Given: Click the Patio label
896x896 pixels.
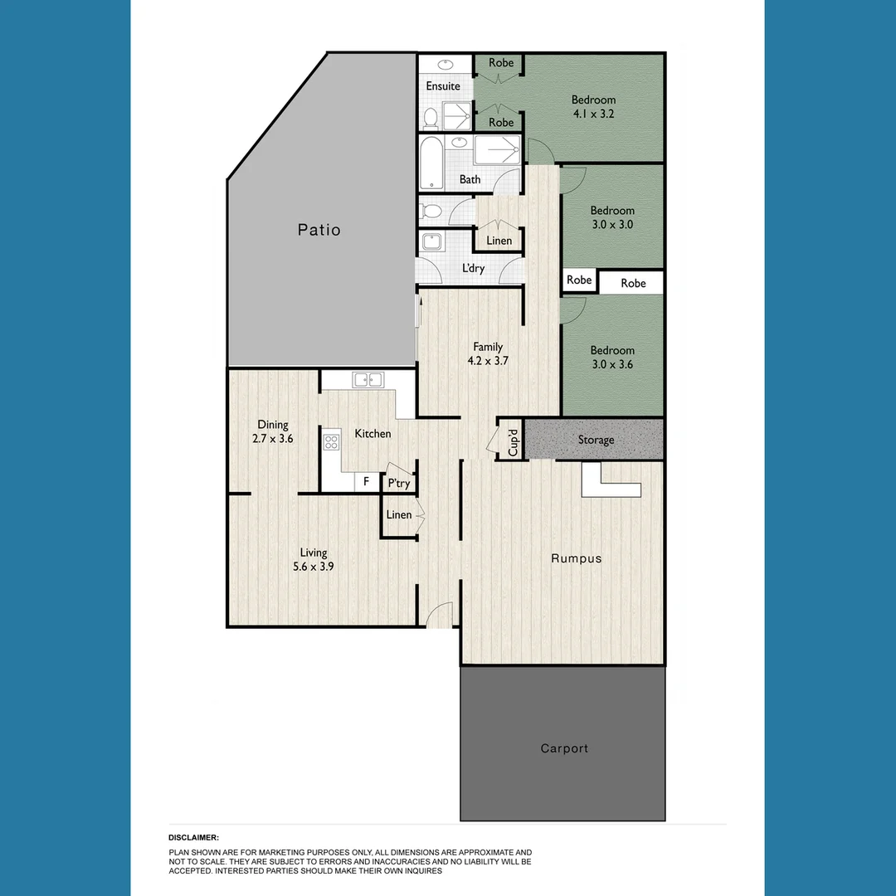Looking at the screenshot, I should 319,230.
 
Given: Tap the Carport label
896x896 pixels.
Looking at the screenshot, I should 564,748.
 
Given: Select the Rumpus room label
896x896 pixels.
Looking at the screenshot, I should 577,558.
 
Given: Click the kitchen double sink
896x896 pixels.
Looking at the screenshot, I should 367,380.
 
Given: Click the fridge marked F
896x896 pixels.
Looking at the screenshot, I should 366,481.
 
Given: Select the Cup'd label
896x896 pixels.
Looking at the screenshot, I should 513,440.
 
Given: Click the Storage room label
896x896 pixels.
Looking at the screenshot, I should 596,440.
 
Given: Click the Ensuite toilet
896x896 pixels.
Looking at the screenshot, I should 431,119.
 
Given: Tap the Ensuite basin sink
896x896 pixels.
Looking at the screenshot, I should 446,64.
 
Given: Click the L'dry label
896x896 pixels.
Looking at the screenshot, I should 474,269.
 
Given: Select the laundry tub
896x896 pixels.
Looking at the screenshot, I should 431,242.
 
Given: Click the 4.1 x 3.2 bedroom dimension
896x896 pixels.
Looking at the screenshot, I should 593,114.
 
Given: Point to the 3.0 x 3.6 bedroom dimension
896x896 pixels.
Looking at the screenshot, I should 613,363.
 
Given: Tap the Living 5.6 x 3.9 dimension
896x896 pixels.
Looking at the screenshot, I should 314,567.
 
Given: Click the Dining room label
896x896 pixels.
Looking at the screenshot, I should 273,425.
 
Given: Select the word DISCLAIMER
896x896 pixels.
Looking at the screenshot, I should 193,838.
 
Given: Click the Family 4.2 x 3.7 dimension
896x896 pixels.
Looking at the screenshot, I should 488,361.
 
